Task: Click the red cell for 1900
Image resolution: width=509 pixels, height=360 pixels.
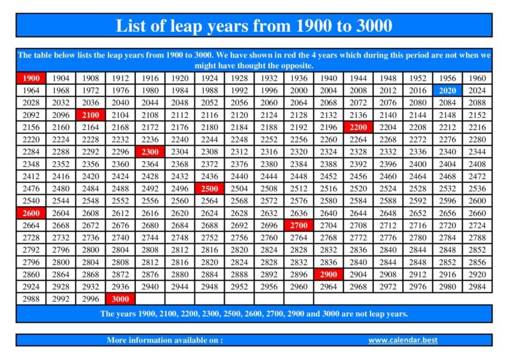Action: (x=30, y=78)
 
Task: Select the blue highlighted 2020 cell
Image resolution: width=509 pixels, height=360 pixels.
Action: (x=447, y=90)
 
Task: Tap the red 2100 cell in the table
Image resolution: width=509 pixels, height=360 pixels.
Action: (x=90, y=115)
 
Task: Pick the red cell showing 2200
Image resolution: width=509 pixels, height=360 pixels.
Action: (x=358, y=127)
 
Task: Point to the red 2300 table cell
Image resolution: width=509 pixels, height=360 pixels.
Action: (x=150, y=151)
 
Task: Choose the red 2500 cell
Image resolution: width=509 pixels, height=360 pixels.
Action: (x=209, y=188)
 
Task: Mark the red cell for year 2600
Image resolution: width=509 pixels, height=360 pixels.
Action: (x=30, y=213)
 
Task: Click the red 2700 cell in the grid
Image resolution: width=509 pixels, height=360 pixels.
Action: (x=298, y=225)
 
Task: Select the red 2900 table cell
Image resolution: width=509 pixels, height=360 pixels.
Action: (x=328, y=274)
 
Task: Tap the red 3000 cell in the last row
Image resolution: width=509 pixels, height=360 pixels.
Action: (x=120, y=298)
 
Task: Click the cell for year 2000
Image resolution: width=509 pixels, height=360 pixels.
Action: (x=298, y=90)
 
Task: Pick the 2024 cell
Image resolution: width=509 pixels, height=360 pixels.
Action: (x=477, y=90)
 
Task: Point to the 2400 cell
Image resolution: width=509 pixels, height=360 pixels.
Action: (x=418, y=164)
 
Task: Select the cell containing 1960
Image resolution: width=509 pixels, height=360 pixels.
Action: (x=477, y=78)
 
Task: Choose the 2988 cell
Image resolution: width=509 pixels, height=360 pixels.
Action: (x=30, y=298)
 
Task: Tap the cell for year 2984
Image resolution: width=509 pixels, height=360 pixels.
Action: (x=477, y=286)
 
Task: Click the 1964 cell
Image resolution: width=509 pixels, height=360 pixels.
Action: (x=30, y=90)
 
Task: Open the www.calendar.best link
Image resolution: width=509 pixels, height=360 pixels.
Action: (x=403, y=340)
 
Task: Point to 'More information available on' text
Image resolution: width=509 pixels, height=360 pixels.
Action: (x=164, y=340)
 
